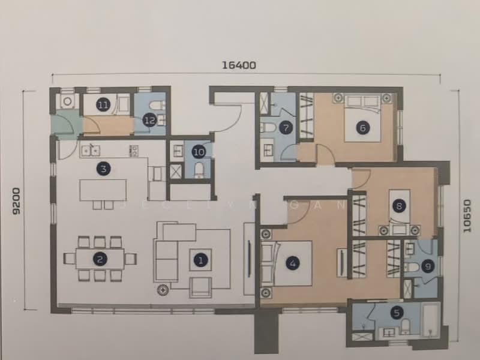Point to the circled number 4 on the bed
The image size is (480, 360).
point(292,263)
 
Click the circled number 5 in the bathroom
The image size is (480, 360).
point(396,312)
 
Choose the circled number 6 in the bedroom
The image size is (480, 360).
point(361,127)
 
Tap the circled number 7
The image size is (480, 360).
point(286,127)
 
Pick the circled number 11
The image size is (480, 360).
point(103,106)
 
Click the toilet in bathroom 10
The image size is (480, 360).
point(199,171)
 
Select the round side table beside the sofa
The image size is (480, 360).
point(162,290)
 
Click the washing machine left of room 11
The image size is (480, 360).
point(68,101)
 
